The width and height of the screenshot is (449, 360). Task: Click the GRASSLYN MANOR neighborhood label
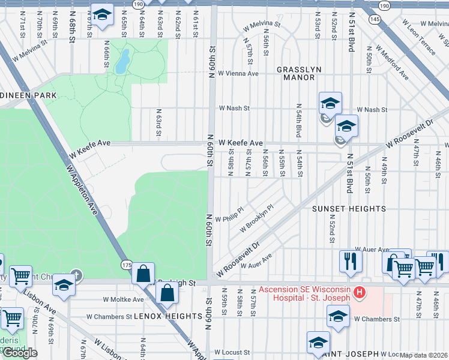pos(296,73)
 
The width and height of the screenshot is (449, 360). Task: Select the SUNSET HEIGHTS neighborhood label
pos(348,209)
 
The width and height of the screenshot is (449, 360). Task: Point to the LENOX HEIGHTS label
pos(168,316)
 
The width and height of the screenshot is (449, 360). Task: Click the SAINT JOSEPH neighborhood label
pos(360,354)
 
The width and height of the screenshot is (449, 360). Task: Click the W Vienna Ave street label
pos(238,74)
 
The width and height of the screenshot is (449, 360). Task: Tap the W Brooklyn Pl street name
pos(256,219)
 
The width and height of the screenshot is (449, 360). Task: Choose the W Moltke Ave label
pos(124,299)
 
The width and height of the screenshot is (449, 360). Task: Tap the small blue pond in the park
pos(122,61)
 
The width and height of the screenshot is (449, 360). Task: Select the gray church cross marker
pos(76,274)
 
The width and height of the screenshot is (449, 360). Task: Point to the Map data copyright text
pos(424,355)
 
